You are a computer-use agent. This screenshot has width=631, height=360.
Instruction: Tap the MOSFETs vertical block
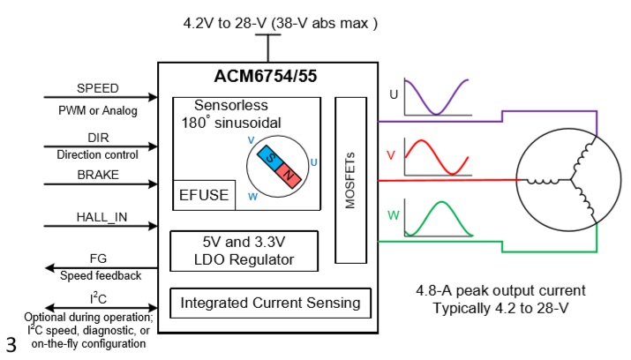coord(350,179)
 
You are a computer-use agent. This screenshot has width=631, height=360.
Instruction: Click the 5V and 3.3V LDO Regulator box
coord(244,250)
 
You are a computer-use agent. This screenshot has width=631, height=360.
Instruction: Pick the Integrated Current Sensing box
coord(270,304)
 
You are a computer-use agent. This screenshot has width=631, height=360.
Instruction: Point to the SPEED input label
coord(98,88)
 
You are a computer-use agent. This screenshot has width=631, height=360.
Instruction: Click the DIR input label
coord(98,139)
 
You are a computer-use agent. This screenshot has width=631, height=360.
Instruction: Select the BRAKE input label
coord(98,175)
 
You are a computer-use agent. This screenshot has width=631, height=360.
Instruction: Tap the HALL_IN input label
coord(98,217)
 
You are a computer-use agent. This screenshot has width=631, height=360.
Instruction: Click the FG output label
coord(98,259)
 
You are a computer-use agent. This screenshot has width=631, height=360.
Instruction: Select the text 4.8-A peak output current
coord(500,290)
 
